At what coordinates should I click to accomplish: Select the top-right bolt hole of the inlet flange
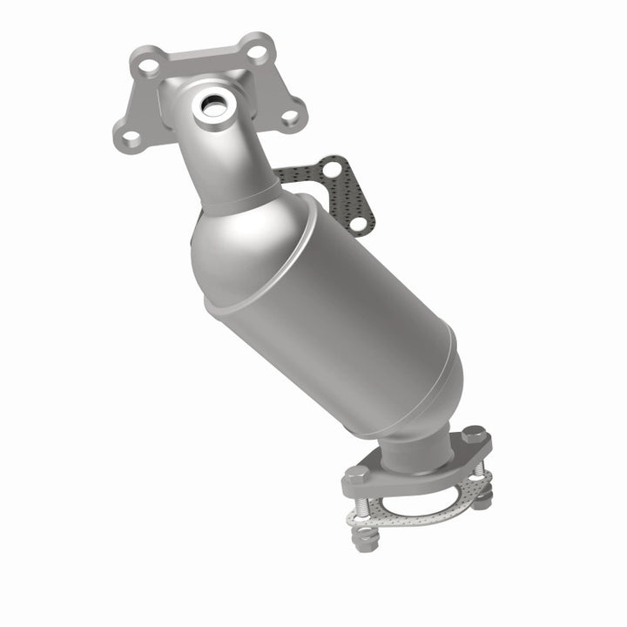256,51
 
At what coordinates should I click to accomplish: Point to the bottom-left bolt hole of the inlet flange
130,137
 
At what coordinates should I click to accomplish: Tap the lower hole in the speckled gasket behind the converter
357,226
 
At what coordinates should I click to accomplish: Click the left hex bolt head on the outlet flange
357,475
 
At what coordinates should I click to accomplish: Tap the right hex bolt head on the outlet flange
473,433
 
